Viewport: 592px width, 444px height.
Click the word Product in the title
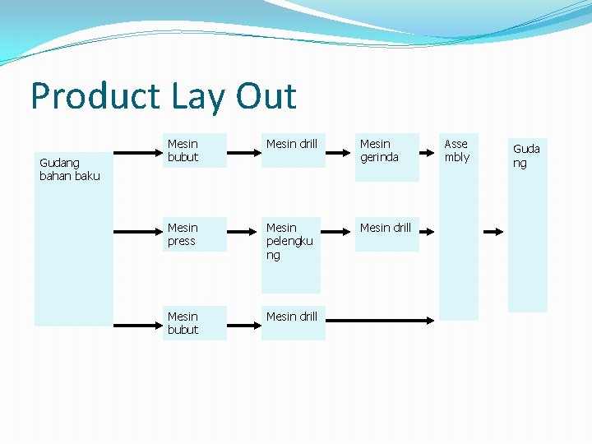pos(85,96)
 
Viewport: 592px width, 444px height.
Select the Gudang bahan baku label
pos(70,169)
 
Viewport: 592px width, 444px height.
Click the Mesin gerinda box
pos(387,156)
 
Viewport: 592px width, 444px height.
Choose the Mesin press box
pos(196,234)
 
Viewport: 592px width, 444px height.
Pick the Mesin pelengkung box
pos(290,255)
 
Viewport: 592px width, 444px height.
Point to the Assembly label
pos(457,150)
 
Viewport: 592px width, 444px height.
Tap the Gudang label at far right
pos(527,155)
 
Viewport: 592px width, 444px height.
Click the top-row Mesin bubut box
pos(196,150)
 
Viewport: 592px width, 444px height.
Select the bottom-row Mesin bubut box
pos(196,323)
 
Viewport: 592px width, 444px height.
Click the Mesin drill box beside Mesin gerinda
pos(292,150)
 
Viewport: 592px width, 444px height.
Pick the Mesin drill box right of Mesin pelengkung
pos(387,234)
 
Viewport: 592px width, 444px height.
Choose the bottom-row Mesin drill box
pos(292,322)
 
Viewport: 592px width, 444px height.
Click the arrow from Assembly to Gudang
pos(493,233)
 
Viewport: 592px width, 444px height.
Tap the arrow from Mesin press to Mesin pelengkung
pos(243,234)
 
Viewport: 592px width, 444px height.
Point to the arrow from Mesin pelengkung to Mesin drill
pos(337,234)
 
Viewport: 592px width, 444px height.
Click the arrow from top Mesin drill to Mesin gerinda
pos(337,151)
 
